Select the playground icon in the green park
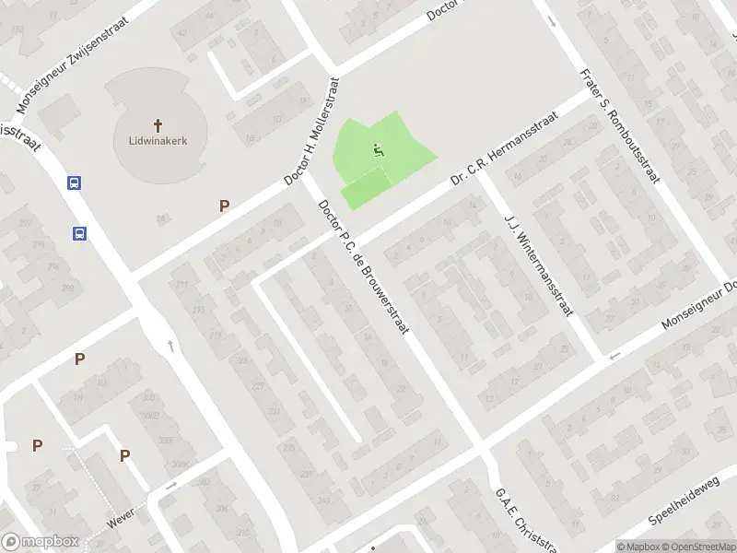click(377, 150)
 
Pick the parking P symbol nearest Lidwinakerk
click(223, 206)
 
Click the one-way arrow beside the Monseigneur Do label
click(615, 355)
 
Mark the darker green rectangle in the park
click(365, 189)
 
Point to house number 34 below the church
click(161, 218)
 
